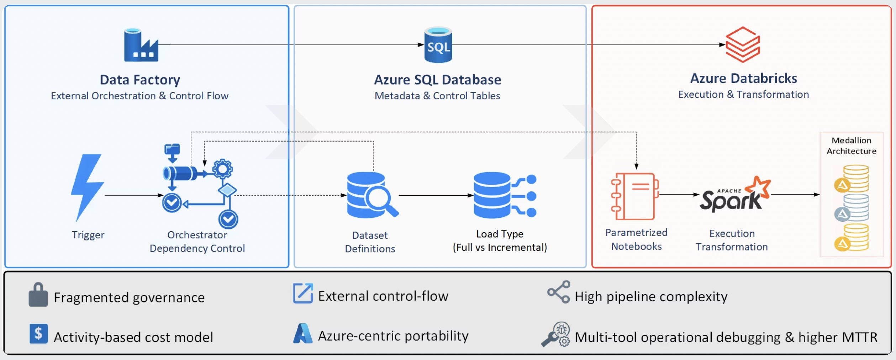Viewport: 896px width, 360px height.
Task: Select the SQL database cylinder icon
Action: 438,45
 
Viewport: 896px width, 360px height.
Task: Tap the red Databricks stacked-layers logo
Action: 743,44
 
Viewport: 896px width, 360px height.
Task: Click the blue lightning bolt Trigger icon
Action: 88,187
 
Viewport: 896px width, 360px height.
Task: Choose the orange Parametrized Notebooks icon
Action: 635,196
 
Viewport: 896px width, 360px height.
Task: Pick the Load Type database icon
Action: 505,195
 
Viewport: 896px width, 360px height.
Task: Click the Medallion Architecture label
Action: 851,146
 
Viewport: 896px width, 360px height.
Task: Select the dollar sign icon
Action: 38,334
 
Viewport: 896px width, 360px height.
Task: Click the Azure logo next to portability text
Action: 302,334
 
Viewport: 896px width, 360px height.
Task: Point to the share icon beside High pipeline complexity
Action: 559,292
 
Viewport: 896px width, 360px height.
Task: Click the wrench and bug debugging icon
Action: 556,334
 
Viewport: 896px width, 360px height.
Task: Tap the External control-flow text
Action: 383,296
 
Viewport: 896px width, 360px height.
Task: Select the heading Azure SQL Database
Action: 437,80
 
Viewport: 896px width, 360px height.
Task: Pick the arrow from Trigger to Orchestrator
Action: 134,195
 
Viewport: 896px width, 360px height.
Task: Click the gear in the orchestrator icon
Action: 223,169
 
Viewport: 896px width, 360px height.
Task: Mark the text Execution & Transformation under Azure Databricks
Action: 743,95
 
